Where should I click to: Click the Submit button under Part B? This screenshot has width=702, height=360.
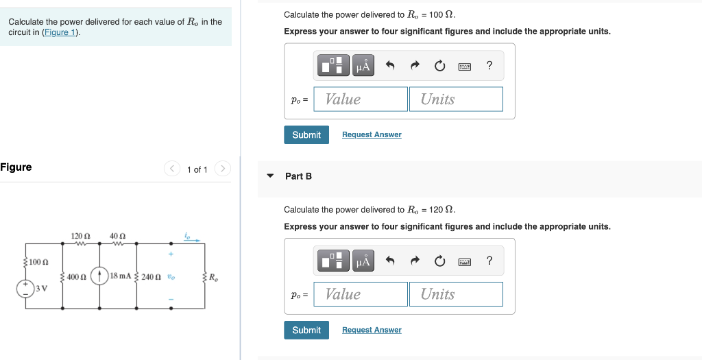click(x=306, y=330)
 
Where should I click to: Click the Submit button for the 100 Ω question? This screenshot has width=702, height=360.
click(x=306, y=134)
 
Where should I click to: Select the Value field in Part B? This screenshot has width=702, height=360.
click(x=361, y=294)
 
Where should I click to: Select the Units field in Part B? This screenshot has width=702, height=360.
click(x=456, y=294)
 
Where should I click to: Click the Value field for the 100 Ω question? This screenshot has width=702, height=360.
click(x=361, y=99)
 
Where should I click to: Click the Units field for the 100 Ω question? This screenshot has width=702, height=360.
click(x=456, y=99)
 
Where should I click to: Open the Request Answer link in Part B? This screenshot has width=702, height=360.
click(x=372, y=330)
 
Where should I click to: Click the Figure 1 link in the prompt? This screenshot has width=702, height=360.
click(x=60, y=32)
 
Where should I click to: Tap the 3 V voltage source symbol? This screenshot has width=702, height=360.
click(x=26, y=288)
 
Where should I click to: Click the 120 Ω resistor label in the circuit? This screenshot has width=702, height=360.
click(x=80, y=236)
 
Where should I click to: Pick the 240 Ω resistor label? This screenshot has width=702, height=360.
click(x=152, y=276)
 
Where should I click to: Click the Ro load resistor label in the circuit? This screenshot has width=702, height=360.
click(x=214, y=277)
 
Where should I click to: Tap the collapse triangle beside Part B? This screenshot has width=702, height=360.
click(x=270, y=176)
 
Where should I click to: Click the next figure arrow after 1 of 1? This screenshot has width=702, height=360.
click(x=223, y=169)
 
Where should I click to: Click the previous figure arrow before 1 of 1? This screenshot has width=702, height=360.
click(x=172, y=169)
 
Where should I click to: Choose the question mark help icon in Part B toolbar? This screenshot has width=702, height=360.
click(x=489, y=261)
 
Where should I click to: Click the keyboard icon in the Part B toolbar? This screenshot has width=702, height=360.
click(x=464, y=261)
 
